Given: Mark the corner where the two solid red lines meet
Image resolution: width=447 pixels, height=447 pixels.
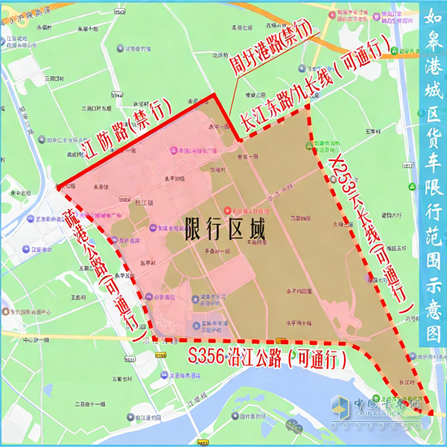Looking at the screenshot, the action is click(215, 95).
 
